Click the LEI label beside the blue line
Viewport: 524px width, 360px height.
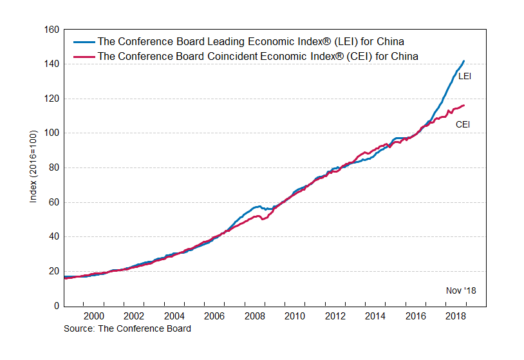465,76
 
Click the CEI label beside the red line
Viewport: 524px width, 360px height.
463,124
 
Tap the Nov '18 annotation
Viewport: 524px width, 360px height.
461,290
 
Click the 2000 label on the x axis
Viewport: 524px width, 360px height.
94,316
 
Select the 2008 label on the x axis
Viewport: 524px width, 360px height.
255,316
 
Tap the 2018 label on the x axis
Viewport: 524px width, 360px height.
456,316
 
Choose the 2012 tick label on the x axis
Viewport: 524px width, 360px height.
335,316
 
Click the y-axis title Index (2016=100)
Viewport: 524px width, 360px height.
33,167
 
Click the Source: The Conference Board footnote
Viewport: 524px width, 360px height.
127,328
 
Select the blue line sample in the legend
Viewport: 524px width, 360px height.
82,42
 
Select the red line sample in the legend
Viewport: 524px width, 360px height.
82,56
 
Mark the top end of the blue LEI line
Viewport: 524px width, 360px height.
463,61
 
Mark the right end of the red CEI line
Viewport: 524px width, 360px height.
463,105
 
